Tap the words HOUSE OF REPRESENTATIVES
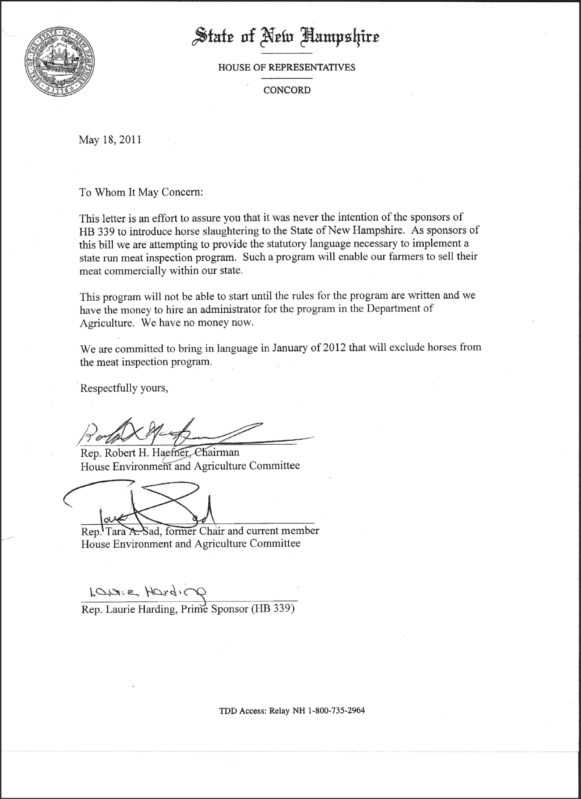(x=286, y=68)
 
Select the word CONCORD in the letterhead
(x=286, y=90)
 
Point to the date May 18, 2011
(x=110, y=140)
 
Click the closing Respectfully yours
(x=124, y=388)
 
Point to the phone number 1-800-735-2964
(x=337, y=710)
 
